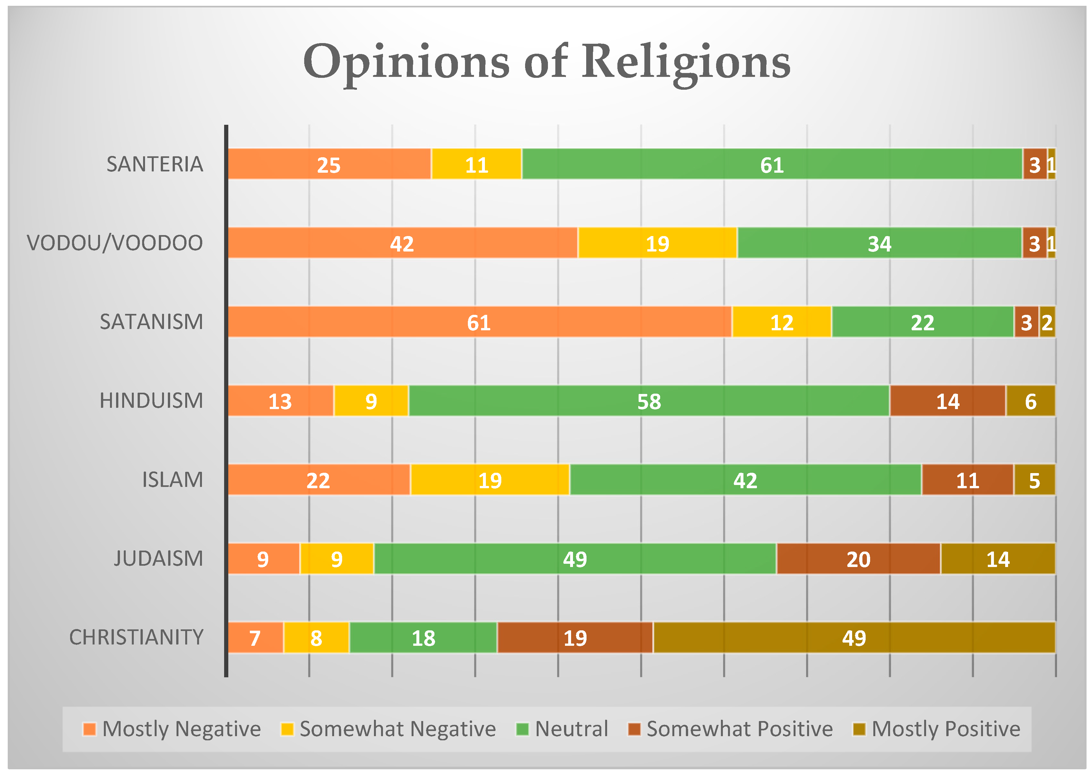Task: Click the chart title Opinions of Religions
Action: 546,62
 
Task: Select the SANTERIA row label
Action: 154,164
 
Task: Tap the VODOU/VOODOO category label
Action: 115,243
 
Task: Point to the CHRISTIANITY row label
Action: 136,637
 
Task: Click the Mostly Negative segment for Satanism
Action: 479,322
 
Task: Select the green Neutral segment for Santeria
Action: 771,164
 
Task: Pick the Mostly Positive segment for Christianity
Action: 853,637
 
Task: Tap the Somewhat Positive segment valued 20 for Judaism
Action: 858,559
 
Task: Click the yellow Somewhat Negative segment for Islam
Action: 490,480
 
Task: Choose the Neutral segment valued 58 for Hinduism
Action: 649,401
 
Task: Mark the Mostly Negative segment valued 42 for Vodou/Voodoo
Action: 402,243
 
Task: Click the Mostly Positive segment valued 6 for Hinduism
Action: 1030,401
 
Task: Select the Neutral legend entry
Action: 562,729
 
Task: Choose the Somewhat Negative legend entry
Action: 388,729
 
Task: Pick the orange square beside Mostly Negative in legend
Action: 89,729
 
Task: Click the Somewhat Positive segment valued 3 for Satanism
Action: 1026,322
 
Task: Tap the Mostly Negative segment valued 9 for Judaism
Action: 263,559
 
